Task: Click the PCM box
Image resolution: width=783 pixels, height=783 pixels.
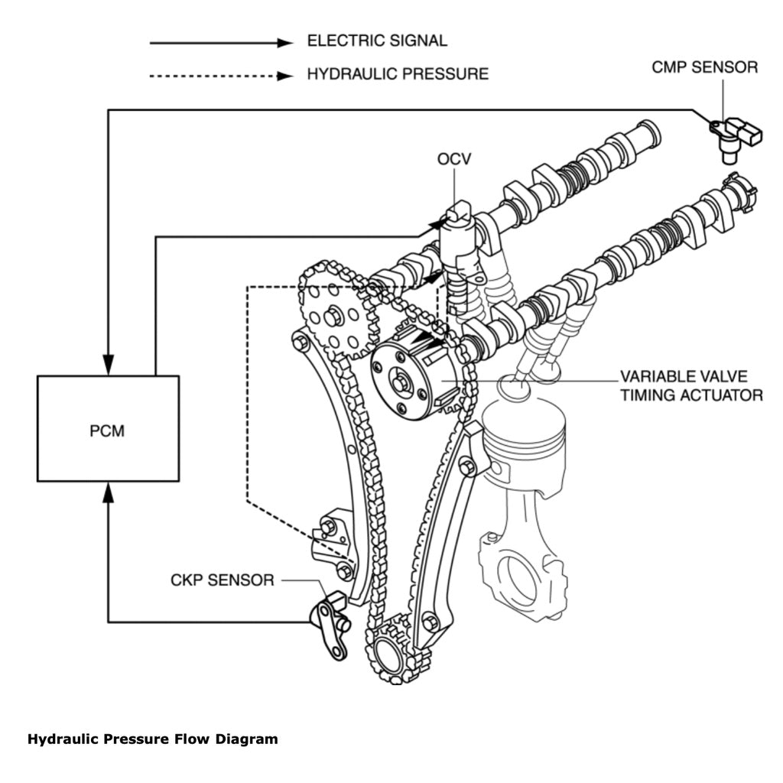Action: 108,429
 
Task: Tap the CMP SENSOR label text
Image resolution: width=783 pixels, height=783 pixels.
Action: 704,67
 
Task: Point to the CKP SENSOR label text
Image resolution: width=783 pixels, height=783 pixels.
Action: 222,580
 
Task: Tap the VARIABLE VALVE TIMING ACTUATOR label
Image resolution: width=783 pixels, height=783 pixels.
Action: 690,386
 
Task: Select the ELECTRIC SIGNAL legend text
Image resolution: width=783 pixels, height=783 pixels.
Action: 377,41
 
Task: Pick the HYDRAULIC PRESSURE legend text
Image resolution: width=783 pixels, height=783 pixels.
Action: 397,74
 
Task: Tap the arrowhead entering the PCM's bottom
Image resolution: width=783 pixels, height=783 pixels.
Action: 109,493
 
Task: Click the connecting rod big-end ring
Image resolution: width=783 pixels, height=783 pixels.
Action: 521,573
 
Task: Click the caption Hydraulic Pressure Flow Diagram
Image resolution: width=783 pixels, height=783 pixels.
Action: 152,739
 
